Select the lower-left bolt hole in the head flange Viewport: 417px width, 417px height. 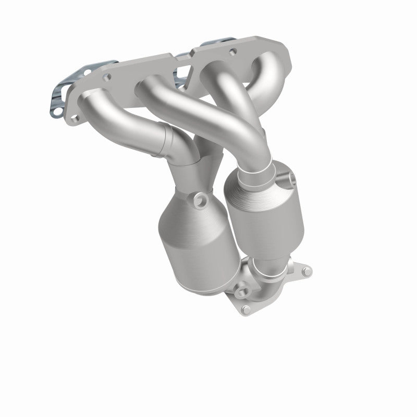(x=75, y=119)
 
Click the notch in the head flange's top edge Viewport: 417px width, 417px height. (x=185, y=57)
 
